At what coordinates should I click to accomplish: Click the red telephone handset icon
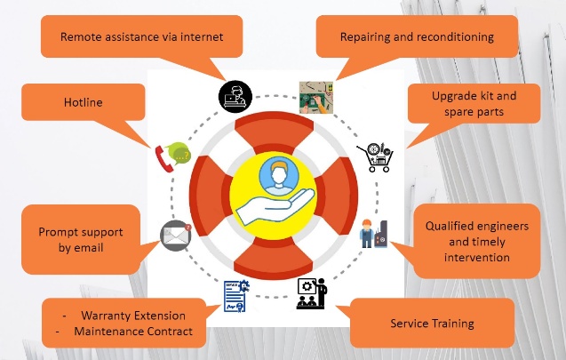pos(163,159)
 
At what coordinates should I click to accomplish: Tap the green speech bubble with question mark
pos(179,153)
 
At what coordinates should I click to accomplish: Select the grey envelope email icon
pos(176,235)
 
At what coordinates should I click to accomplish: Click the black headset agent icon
pos(235,97)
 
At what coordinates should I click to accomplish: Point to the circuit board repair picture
pos(316,98)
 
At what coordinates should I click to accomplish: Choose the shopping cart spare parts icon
pos(376,156)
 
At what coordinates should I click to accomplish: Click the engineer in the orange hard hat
pos(366,233)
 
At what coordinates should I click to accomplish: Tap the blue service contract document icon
pos(236,296)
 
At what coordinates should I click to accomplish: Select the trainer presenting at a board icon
pos(312,293)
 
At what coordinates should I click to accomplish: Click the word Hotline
pos(83,102)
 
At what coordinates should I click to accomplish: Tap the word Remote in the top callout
pos(79,36)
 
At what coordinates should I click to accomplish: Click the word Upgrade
pos(451,96)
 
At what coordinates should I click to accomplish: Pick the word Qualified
pos(447,227)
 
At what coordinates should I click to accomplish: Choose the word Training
pos(453,324)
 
